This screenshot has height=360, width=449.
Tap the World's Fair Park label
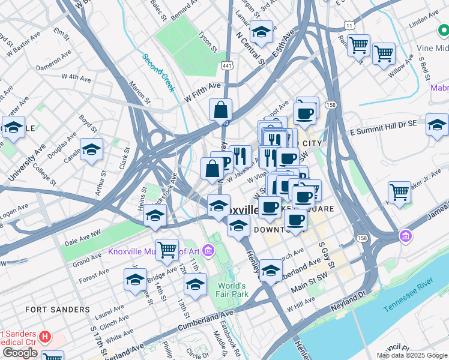[232, 290]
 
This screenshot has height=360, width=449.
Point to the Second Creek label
[158, 73]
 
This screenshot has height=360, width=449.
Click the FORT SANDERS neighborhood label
[58, 310]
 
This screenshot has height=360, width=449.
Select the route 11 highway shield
[349, 25]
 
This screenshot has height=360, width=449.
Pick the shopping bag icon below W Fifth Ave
[220, 110]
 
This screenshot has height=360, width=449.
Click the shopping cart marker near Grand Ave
[167, 248]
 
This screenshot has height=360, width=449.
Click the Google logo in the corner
[20, 353]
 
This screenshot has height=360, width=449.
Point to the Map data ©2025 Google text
[412, 355]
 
